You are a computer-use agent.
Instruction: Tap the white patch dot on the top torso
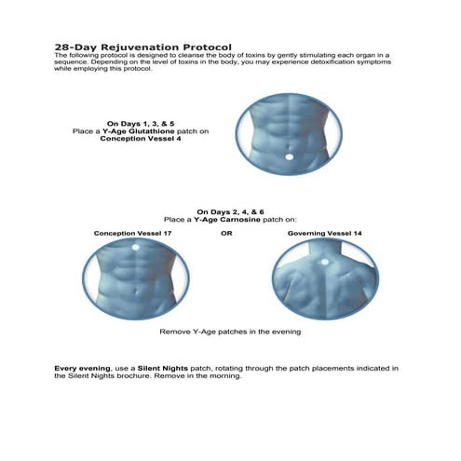pos(288,156)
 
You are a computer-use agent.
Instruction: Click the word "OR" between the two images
pos(226,232)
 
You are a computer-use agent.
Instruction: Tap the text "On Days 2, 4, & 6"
pos(231,210)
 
